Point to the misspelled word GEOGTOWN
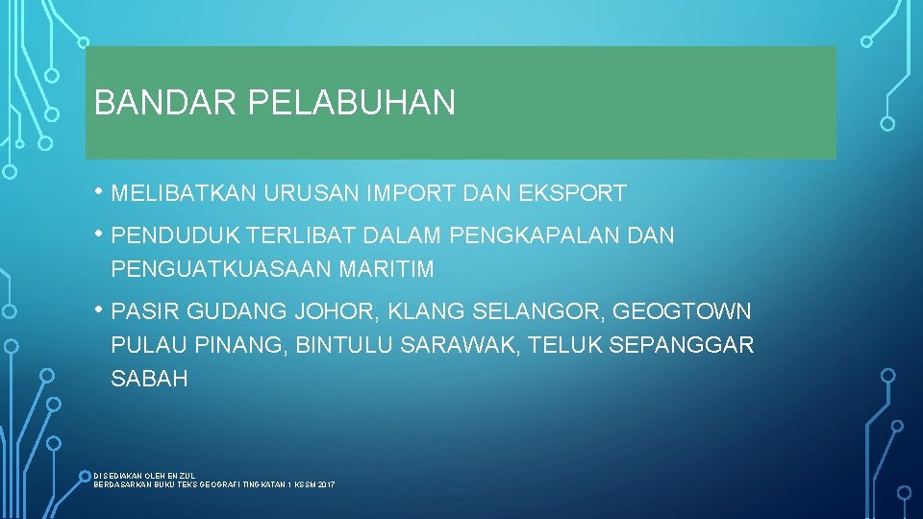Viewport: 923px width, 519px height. click(682, 311)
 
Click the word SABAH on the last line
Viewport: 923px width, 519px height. click(149, 379)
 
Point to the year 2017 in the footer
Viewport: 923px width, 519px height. click(325, 485)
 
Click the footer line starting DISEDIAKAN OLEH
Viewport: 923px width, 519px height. click(144, 476)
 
